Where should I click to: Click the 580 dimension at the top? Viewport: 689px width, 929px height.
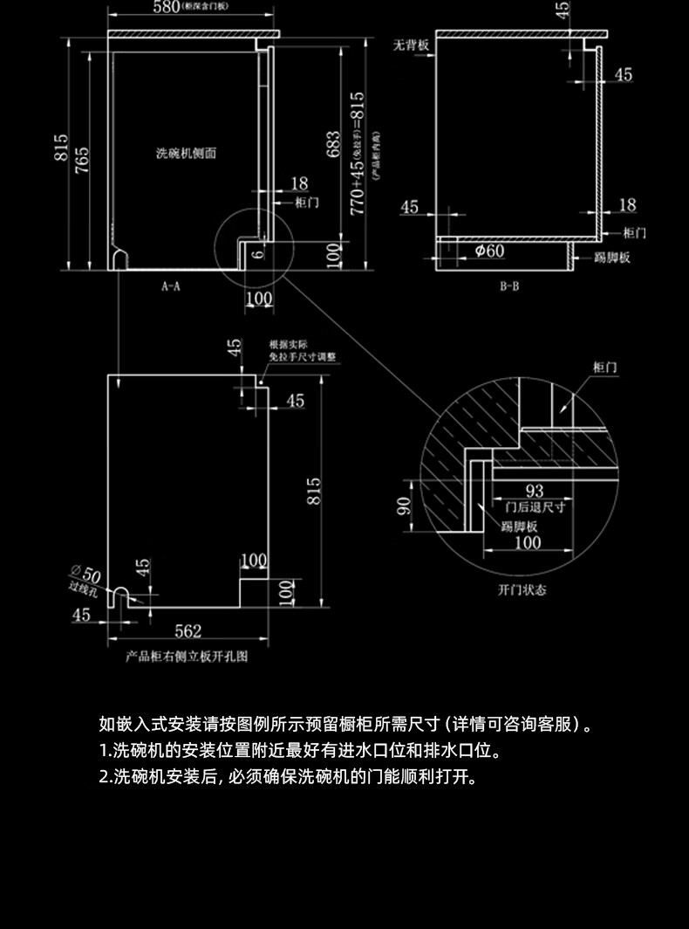[x=166, y=8]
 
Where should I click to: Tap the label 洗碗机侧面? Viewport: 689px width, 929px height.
[x=186, y=153]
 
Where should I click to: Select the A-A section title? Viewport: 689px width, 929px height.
[x=170, y=285]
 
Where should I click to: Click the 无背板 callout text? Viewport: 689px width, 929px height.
[x=410, y=45]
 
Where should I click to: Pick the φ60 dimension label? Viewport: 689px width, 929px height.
[x=489, y=251]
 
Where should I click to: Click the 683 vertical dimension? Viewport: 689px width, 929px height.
[x=332, y=145]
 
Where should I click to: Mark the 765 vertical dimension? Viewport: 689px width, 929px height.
[x=81, y=161]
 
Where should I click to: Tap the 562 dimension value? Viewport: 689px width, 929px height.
[x=188, y=630]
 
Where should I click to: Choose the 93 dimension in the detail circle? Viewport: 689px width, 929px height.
[x=535, y=492]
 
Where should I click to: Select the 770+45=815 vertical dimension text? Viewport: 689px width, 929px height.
[x=357, y=153]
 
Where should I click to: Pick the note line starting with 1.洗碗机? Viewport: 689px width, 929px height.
[x=300, y=751]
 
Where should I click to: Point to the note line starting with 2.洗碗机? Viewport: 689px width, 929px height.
[x=288, y=776]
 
